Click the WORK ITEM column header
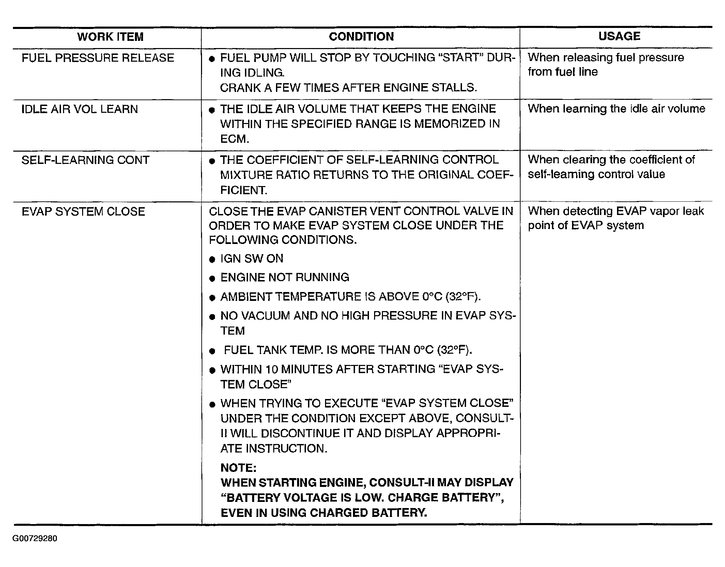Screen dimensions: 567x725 pyautogui.click(x=110, y=37)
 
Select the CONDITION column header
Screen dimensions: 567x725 pyautogui.click(x=361, y=36)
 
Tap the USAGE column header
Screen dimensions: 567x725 pyautogui.click(x=619, y=36)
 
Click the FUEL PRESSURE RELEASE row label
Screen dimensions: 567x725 pyautogui.click(x=98, y=58)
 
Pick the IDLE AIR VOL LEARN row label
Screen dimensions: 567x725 pyautogui.click(x=80, y=109)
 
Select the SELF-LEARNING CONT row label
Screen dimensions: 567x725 pyautogui.click(x=85, y=160)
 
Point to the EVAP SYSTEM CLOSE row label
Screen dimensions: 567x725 pyautogui.click(x=83, y=212)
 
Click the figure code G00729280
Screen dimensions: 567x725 pyautogui.click(x=35, y=538)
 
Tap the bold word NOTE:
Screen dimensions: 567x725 pyautogui.click(x=238, y=468)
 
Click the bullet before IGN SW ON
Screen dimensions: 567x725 pyautogui.click(x=212, y=260)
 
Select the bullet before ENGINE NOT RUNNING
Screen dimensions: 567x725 pyautogui.click(x=212, y=279)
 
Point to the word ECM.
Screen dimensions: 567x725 pyautogui.click(x=234, y=139)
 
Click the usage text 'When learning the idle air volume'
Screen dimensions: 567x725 pyautogui.click(x=616, y=109)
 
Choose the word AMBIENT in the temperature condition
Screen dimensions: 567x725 pyautogui.click(x=246, y=297)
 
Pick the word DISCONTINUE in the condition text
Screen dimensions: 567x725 pyautogui.click(x=300, y=433)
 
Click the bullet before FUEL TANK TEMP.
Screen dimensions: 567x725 pyautogui.click(x=212, y=351)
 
